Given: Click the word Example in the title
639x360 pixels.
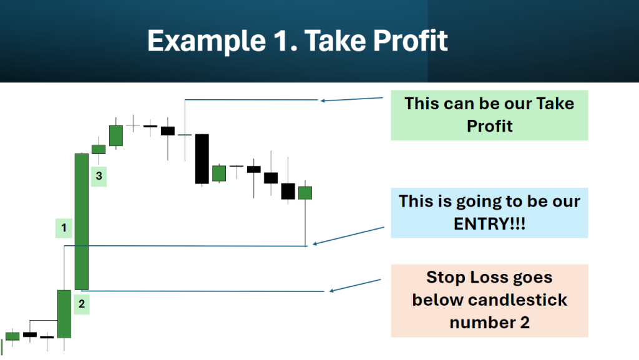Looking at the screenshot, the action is [x=207, y=41].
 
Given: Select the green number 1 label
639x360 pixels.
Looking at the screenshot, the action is [x=64, y=228].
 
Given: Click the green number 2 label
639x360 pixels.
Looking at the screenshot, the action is [x=82, y=304].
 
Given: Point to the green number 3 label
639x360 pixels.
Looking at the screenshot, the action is [x=99, y=177].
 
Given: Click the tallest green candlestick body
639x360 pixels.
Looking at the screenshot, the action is [x=82, y=221].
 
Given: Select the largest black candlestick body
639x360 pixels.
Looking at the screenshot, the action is [x=202, y=159].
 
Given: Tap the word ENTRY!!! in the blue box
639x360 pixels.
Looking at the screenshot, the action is [x=489, y=224].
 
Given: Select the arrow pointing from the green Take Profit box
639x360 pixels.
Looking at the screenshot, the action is [x=352, y=99].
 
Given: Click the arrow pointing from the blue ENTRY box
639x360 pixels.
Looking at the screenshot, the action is [x=348, y=236].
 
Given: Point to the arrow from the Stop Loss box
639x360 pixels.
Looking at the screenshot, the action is [x=355, y=286].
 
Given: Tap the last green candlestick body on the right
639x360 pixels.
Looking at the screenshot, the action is [x=305, y=193].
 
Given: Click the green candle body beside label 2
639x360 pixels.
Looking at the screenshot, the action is [x=64, y=314].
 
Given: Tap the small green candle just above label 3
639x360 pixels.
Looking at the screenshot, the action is [x=99, y=150].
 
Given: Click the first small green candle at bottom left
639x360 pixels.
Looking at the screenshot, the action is [x=12, y=336].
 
